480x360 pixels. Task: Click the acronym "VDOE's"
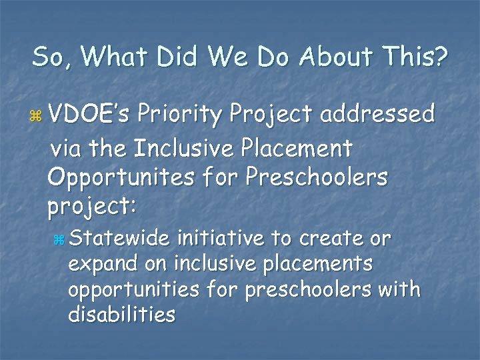tap(87, 115)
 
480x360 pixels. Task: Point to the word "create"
tap(323, 238)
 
